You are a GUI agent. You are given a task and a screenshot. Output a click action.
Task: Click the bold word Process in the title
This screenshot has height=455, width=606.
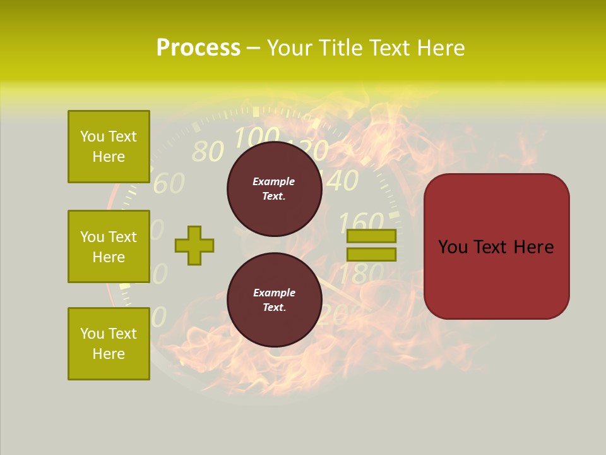point(198,48)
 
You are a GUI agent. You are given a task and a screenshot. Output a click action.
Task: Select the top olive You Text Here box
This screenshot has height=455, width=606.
point(109,147)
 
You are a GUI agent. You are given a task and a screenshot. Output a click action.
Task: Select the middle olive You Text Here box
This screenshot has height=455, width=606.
point(109,246)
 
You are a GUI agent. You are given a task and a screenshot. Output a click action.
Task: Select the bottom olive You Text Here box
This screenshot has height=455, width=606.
point(109,344)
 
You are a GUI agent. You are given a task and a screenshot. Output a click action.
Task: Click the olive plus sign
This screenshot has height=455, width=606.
point(194,245)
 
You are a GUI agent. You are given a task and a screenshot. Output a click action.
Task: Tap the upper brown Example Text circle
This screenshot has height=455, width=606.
point(274,189)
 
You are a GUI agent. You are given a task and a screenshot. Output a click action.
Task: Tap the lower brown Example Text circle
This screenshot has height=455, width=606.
point(274,300)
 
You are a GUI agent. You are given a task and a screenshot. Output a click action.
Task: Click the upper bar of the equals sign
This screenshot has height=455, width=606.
point(371,236)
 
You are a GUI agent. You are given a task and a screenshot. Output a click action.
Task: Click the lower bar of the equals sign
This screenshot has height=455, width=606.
point(371,255)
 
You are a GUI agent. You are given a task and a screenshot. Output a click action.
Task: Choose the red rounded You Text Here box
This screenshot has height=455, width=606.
point(496,246)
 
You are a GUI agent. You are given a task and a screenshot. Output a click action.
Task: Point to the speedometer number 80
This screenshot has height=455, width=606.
point(207,152)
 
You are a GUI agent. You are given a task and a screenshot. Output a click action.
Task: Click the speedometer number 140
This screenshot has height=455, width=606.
point(341,181)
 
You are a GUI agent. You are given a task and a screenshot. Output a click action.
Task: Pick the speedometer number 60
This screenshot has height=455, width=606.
point(169,183)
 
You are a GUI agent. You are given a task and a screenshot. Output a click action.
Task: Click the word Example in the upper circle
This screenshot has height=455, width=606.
point(274,181)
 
